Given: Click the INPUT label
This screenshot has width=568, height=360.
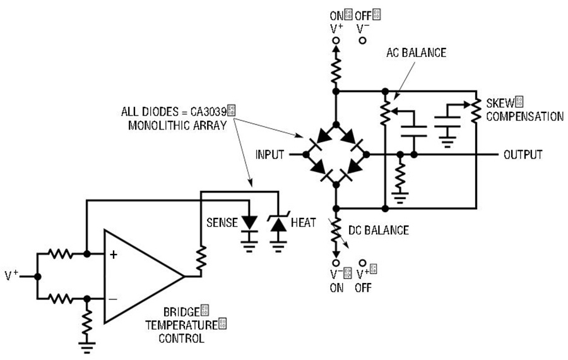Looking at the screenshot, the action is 269,155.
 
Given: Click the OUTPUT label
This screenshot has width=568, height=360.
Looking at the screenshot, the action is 523,155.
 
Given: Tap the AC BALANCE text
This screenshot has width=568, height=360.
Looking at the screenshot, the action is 416,53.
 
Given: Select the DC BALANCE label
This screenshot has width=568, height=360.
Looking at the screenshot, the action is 379,231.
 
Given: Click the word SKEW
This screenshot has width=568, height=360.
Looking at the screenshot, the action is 500,104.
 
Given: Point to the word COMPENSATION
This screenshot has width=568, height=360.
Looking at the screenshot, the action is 524,117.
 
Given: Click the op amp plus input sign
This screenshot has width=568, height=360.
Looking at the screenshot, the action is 114,255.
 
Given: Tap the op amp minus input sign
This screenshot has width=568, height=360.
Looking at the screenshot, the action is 113,299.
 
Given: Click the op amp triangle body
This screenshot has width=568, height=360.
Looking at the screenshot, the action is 143,277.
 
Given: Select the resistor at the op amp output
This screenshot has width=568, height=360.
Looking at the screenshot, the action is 201,259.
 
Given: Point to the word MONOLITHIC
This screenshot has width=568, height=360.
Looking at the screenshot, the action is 157,126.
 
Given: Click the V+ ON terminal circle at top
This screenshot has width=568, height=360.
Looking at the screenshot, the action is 336,40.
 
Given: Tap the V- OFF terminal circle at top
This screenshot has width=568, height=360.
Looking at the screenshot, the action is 363,40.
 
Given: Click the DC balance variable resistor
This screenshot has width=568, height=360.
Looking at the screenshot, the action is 336,231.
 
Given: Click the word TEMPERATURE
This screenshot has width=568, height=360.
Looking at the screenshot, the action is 182,325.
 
